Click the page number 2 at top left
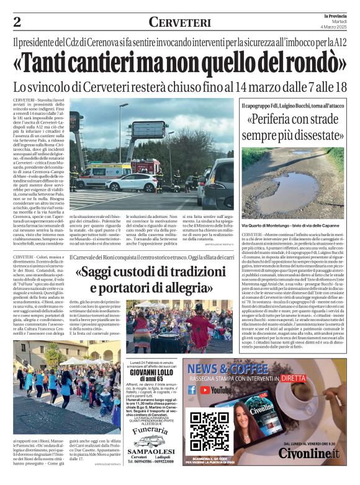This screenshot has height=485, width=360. pos(16,22)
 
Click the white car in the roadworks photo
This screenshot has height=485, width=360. pos(131,182)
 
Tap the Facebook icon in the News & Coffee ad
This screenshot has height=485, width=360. pos(192,390)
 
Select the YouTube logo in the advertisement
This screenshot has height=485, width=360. pos(216,390)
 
